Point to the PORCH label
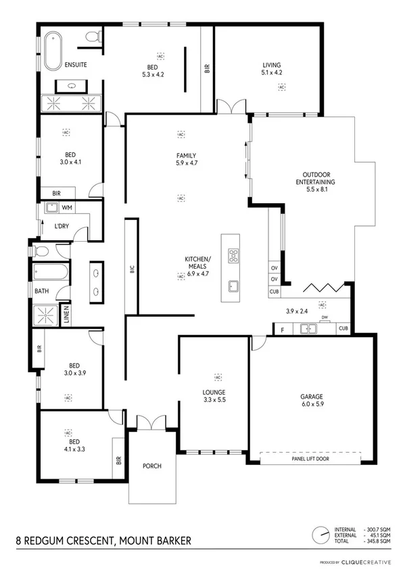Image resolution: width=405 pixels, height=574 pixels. point(151,466)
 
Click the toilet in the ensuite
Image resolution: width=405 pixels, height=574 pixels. point(95,36)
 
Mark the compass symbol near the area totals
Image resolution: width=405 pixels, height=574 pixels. point(319,533)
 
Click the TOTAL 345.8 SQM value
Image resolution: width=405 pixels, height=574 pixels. point(377,542)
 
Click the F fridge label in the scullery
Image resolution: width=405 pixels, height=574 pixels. point(282,330)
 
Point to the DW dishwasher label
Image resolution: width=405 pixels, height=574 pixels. point(325,316)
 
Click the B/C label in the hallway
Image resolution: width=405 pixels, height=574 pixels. point(133,269)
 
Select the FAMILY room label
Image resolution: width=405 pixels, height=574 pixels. point(181,156)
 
